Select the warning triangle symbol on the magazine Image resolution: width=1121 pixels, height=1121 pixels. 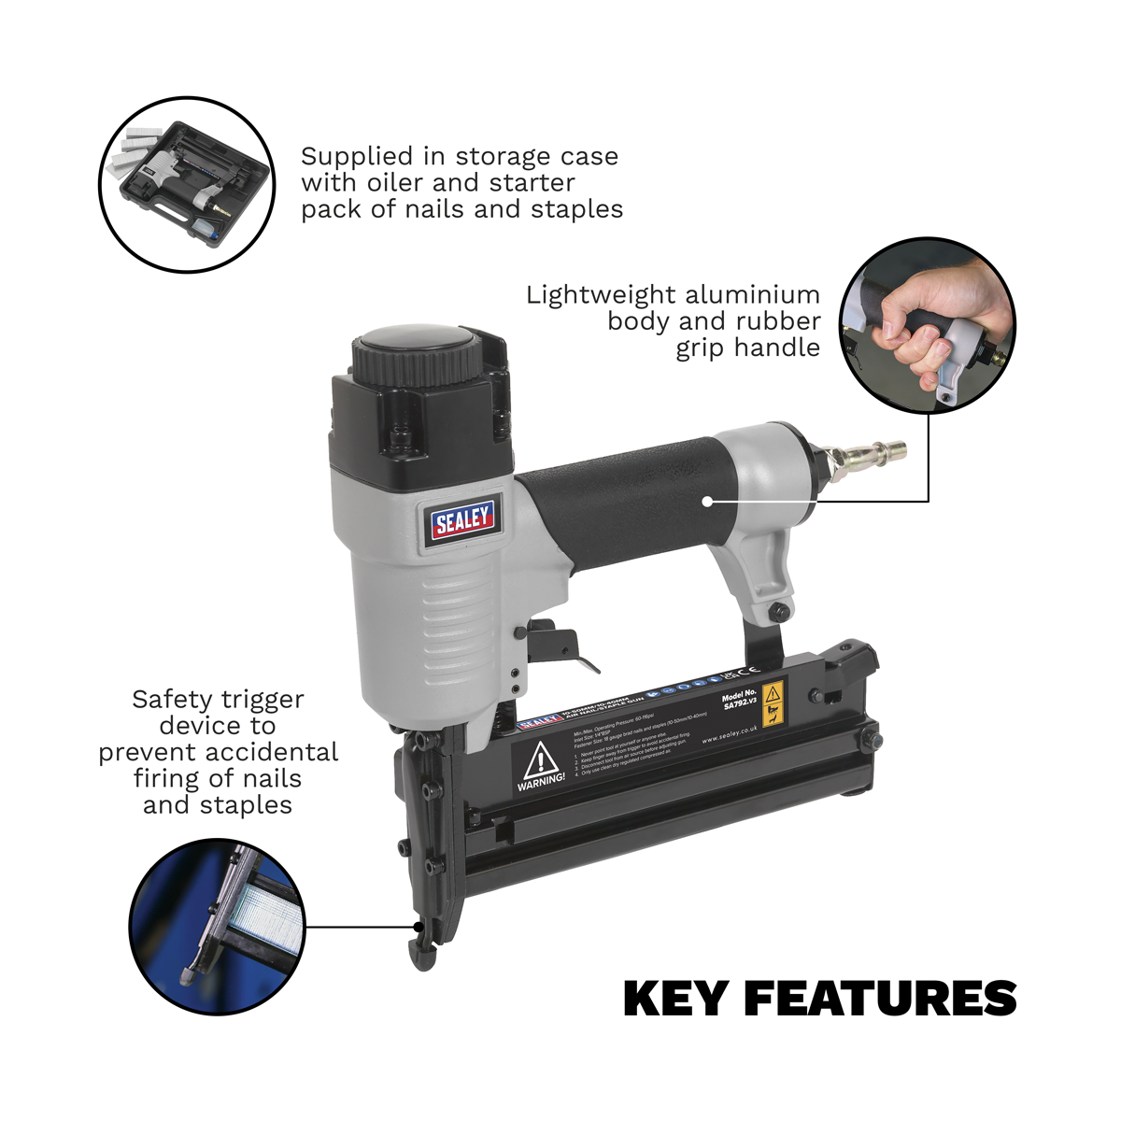pos(540,761)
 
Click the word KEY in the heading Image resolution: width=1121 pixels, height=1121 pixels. pos(675,998)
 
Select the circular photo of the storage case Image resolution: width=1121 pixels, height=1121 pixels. pos(188,185)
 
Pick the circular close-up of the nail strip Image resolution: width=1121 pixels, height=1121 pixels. pos(218,913)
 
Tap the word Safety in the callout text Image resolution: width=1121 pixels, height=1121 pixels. pos(172,699)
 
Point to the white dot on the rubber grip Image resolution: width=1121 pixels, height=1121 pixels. pos(709,502)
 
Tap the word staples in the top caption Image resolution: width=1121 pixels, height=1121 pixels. pos(576,208)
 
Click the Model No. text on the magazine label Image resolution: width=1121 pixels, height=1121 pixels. pos(738,698)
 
